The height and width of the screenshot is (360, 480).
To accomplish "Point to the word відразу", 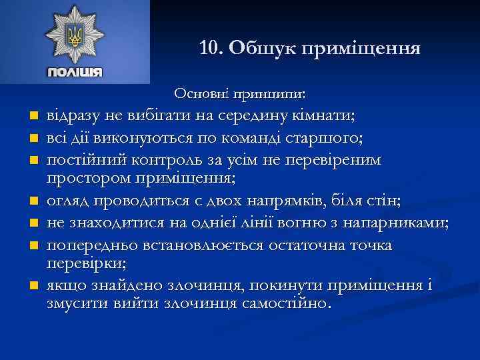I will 73,115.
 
